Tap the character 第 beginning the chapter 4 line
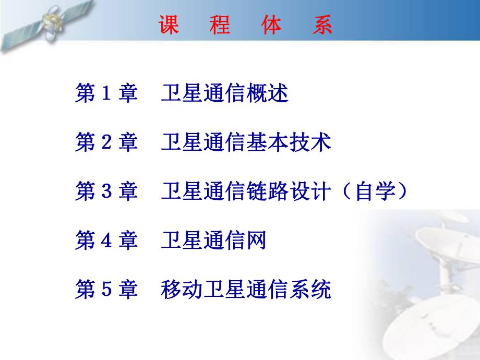coord(85,242)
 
